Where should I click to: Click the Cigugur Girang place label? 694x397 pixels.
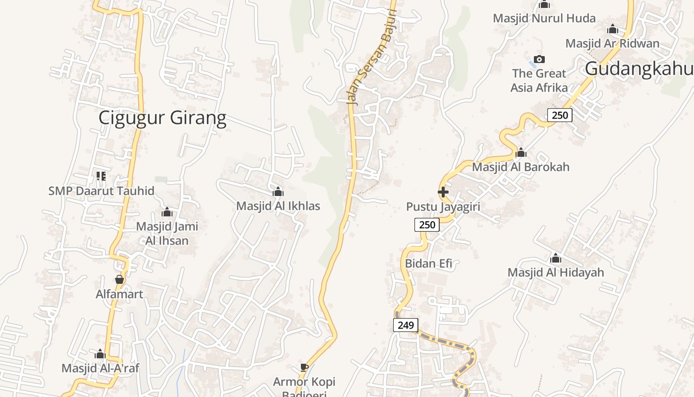click(x=162, y=118)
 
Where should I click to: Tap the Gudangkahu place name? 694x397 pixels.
click(x=639, y=69)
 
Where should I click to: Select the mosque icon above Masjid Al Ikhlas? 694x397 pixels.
click(x=278, y=192)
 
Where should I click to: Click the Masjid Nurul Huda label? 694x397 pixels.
click(x=544, y=18)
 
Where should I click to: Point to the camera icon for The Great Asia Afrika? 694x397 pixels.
click(x=539, y=59)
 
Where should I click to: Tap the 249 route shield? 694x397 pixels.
click(x=406, y=326)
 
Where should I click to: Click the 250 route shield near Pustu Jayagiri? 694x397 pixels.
click(x=427, y=225)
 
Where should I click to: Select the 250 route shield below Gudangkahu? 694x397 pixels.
click(x=560, y=115)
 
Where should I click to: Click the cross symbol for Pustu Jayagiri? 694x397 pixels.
click(x=443, y=192)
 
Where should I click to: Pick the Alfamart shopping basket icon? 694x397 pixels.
click(x=119, y=280)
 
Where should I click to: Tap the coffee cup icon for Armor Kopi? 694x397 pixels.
click(x=304, y=368)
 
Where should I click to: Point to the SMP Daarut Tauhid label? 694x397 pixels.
click(x=101, y=191)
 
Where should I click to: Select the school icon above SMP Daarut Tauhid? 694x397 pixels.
click(x=101, y=176)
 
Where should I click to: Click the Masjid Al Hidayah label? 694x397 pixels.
click(x=556, y=272)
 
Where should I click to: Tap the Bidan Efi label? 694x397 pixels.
click(x=429, y=264)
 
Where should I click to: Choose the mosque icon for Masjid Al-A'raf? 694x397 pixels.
click(x=100, y=354)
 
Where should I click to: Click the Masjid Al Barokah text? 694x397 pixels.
click(x=520, y=167)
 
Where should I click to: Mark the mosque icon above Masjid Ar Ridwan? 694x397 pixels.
click(x=613, y=29)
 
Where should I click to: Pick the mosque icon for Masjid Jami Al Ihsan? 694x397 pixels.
click(x=167, y=212)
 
